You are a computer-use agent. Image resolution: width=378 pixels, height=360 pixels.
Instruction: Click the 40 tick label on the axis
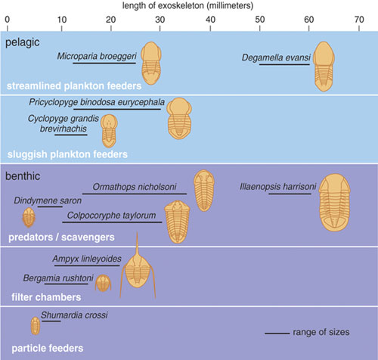click(x=210, y=20)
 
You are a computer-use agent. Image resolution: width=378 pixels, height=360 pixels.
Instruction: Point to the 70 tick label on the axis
click(x=359, y=20)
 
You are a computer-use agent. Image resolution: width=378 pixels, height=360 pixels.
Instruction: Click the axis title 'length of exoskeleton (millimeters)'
click(x=187, y=5)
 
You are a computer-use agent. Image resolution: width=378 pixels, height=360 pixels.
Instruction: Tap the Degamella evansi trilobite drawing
click(x=324, y=67)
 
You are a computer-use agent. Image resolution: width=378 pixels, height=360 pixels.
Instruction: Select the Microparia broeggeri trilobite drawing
click(x=150, y=64)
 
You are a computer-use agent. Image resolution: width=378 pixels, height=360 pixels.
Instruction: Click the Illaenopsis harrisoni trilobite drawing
click(x=335, y=202)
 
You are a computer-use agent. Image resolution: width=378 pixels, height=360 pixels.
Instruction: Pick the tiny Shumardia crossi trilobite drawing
click(x=36, y=326)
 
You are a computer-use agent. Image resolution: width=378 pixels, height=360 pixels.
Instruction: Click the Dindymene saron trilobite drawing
click(x=29, y=217)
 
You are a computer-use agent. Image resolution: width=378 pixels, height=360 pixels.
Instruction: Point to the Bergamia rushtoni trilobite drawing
click(x=103, y=283)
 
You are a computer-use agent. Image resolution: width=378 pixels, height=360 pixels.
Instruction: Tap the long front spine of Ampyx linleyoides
click(x=137, y=244)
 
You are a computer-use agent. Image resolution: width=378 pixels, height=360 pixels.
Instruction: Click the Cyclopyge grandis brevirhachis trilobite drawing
click(x=109, y=131)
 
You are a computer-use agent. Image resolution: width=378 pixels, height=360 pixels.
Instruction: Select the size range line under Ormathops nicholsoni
click(x=135, y=194)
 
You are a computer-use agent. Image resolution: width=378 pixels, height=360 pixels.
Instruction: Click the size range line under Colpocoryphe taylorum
click(x=112, y=222)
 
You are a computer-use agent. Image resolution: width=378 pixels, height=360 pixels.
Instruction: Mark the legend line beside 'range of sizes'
click(x=277, y=334)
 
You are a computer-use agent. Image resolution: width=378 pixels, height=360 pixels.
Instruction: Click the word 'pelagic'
click(x=23, y=42)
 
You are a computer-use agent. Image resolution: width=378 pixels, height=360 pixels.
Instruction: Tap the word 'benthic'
click(x=23, y=176)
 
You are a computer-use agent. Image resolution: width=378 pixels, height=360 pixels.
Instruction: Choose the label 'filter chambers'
click(x=46, y=297)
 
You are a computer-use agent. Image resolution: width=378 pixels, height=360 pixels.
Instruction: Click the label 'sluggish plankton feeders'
click(x=67, y=154)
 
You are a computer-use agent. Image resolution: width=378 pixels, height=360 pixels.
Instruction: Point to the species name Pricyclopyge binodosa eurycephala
click(x=97, y=102)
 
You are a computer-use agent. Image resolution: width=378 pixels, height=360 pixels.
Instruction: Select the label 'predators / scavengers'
click(x=61, y=237)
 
